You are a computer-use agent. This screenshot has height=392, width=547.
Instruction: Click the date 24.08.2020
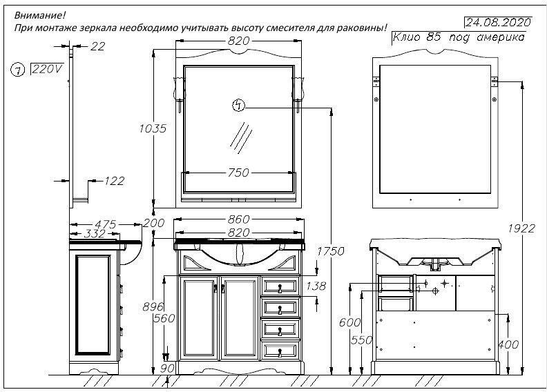coord(498,23)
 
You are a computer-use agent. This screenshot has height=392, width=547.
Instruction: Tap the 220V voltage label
coord(48,69)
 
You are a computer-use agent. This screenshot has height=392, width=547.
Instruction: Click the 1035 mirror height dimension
coord(153,128)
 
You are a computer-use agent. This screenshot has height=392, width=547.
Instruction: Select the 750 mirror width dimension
coord(238,173)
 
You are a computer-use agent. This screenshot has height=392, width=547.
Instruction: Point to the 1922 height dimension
coord(521,228)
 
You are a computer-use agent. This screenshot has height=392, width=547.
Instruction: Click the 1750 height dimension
coord(331,251)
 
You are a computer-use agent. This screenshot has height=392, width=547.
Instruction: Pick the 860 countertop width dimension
coord(238,219)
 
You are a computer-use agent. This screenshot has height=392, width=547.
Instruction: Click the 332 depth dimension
coord(95,233)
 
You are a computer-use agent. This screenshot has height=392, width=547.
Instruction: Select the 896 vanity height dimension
coord(153,306)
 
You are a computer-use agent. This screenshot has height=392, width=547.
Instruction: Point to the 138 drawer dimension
coord(316,286)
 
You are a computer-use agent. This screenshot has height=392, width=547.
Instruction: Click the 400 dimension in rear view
coord(508,344)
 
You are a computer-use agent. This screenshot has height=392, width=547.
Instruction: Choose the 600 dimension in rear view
coord(350,322)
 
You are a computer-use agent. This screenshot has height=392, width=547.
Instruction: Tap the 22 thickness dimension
coord(97,46)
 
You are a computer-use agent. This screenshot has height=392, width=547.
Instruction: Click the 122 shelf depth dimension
coord(115,181)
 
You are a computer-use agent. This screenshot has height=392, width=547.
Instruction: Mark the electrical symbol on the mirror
coord(238,105)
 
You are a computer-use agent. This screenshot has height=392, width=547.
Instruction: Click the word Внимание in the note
coord(40,15)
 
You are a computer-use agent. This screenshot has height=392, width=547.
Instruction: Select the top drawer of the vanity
coord(280,287)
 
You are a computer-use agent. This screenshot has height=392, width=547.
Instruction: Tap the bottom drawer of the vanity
coord(280,351)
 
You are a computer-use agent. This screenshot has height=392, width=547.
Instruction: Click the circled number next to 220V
coord(17,70)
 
